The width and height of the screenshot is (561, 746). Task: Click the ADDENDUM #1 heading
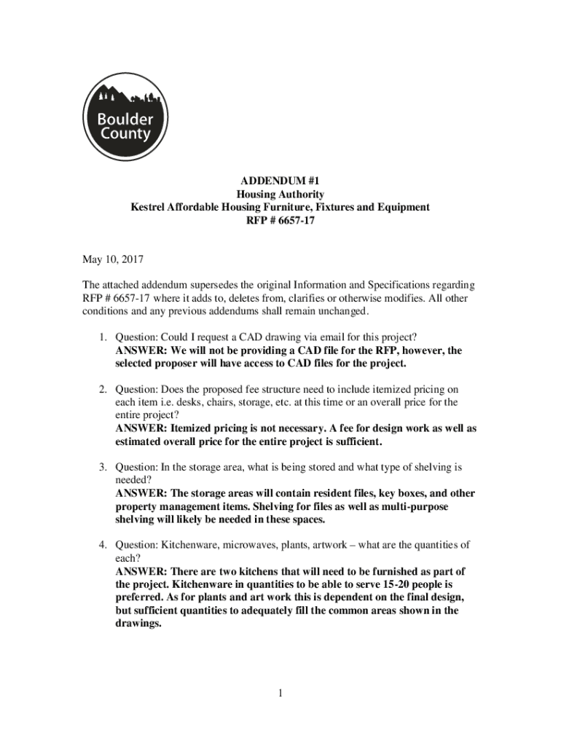pyautogui.click(x=280, y=181)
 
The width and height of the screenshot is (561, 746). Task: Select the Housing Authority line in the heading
pyautogui.click(x=280, y=194)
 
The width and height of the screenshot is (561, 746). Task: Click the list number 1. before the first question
pyautogui.click(x=104, y=337)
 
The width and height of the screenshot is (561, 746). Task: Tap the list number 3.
pyautogui.click(x=104, y=466)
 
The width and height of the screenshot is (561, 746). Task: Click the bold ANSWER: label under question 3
pyautogui.click(x=141, y=493)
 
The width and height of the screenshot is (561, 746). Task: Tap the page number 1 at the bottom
pyautogui.click(x=280, y=693)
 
